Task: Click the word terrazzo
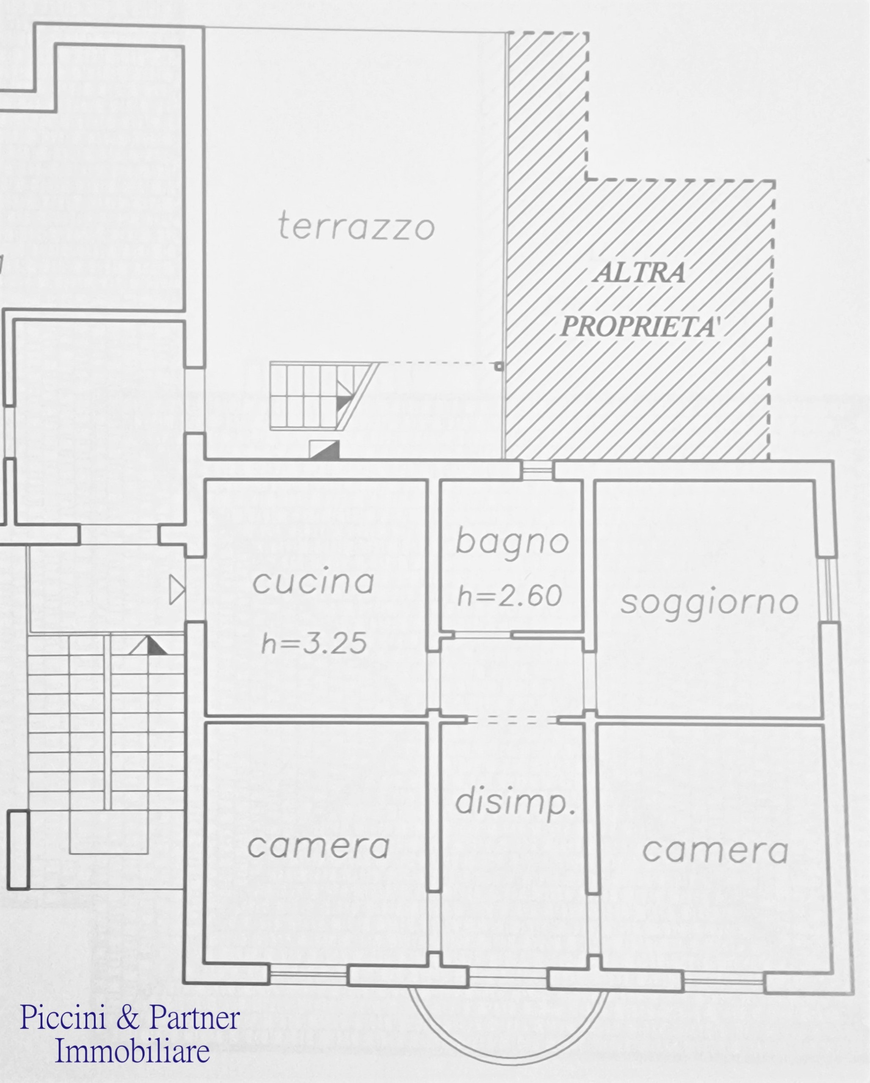(356, 227)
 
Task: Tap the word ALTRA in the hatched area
(639, 273)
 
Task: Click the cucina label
(313, 583)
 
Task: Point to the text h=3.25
(314, 644)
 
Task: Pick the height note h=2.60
(510, 596)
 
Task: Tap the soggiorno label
(709, 603)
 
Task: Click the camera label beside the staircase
(319, 846)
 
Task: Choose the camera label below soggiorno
(715, 851)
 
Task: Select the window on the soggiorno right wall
(828, 590)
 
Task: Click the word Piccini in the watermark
(65, 1018)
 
